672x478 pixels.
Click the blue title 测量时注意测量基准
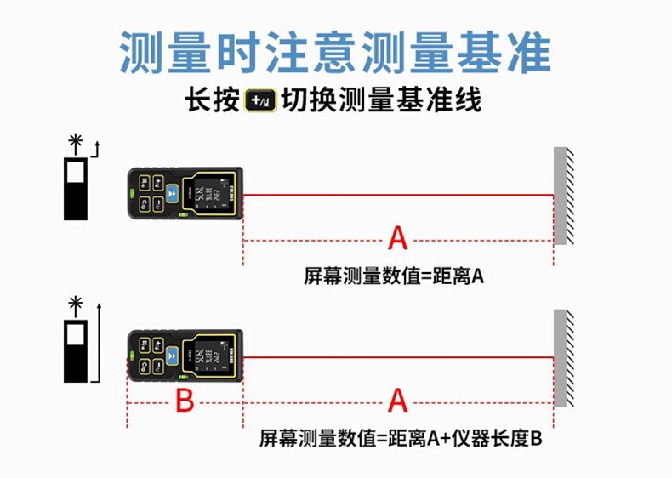335,53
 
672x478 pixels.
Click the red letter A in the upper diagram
397,239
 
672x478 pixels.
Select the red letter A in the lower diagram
397,400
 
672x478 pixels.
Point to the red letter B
185,400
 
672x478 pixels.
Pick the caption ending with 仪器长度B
401,439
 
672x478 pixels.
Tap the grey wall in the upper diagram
560,196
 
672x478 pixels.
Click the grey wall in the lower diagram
560,357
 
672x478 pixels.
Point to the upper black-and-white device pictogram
76,188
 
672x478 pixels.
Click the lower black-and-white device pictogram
76,350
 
